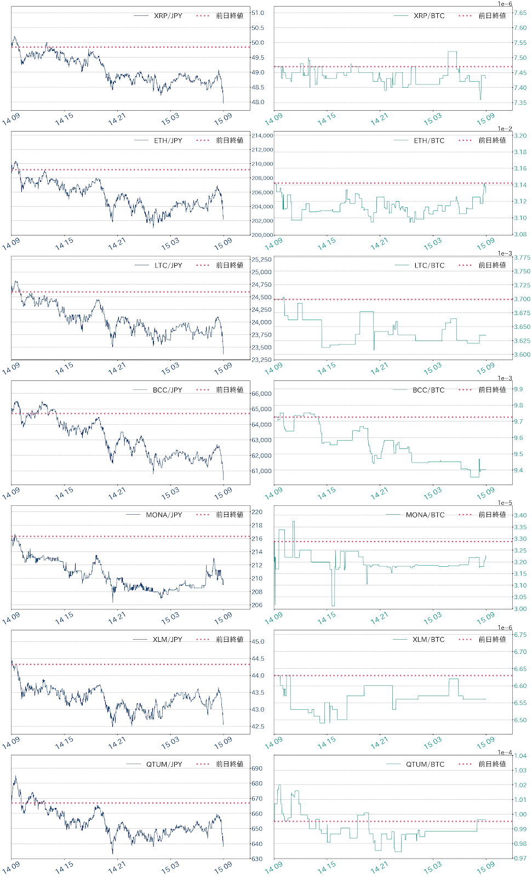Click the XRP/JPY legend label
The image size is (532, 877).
pos(168,16)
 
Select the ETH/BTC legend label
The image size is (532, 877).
pos(429,141)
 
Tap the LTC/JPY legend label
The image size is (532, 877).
pos(168,265)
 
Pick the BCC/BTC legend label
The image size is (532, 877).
pos(428,390)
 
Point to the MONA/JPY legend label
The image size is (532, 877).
pos(164,515)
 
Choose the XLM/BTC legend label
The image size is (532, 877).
pos(428,640)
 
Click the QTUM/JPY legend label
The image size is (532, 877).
pos(164,765)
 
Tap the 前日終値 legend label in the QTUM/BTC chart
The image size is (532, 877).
pos(492,764)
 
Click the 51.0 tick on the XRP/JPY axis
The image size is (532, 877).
pos(258,13)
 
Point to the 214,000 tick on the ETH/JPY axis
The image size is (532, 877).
pos(262,135)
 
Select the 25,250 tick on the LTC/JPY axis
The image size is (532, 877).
pos(261,260)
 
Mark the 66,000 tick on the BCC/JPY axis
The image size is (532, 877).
pos(261,394)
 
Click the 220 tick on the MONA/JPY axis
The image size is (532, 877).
pos(257,512)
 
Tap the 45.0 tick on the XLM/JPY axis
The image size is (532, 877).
pos(258,642)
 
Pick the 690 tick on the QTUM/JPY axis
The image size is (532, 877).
pos(257,768)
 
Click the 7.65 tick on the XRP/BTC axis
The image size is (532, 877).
pos(520,13)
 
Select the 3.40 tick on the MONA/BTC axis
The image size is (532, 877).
pos(520,515)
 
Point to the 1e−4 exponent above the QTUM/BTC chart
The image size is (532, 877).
pos(505,753)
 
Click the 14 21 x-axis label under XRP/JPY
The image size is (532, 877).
pos(117,119)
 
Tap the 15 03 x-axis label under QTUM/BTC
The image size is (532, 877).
pos(432,867)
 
